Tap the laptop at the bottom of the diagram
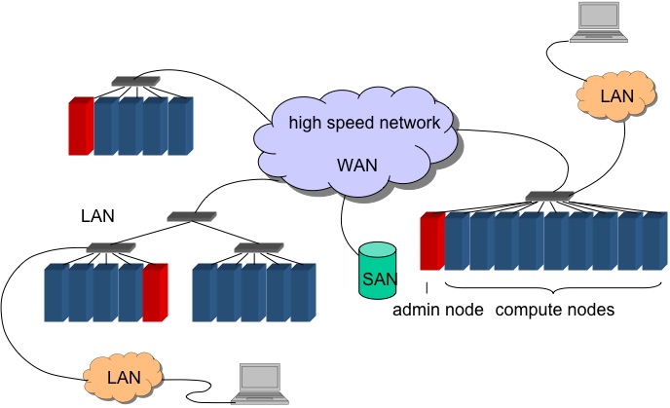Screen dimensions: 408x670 263,384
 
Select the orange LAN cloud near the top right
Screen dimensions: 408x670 616,96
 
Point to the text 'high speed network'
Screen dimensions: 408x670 358,123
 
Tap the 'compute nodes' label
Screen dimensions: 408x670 555,310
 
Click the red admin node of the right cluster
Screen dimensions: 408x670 431,241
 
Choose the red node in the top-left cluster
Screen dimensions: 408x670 80,126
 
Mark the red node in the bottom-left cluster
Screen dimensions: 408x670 154,292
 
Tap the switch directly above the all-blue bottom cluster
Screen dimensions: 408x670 251,247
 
